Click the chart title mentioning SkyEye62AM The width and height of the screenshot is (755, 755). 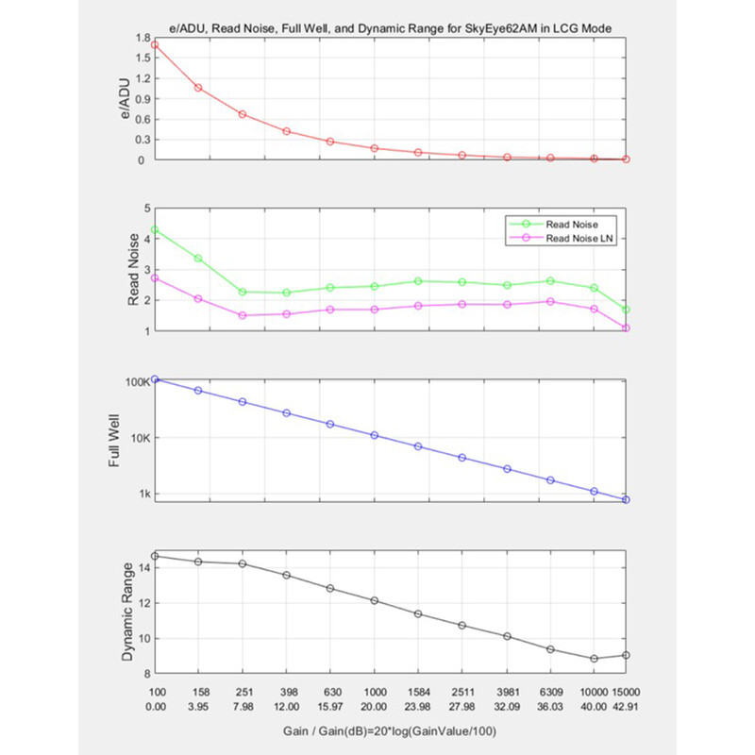pyautogui.click(x=390, y=28)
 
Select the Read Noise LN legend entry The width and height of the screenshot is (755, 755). pyautogui.click(x=561, y=238)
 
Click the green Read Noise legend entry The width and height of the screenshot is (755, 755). pyautogui.click(x=554, y=224)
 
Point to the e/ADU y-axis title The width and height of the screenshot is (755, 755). pyautogui.click(x=125, y=99)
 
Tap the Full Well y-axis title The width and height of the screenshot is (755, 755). pyautogui.click(x=113, y=440)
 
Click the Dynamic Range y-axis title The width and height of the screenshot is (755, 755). pyautogui.click(x=127, y=612)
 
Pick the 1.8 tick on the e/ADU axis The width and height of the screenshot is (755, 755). pyautogui.click(x=143, y=38)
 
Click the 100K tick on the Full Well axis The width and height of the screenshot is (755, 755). pyautogui.click(x=138, y=382)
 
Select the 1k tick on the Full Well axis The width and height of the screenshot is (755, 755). pyautogui.click(x=144, y=494)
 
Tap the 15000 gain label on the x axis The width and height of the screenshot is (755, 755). pyautogui.click(x=626, y=692)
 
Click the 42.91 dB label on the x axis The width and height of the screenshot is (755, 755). pyautogui.click(x=626, y=706)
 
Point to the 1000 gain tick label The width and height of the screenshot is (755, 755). pyautogui.click(x=375, y=692)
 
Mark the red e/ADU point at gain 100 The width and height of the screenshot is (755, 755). pyautogui.click(x=155, y=44)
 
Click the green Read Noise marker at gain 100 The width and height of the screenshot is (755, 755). pyautogui.click(x=155, y=229)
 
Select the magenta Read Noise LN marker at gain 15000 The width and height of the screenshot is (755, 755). pyautogui.click(x=626, y=327)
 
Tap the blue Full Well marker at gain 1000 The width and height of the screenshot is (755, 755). pyautogui.click(x=374, y=435)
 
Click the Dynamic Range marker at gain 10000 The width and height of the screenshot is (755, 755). pyautogui.click(x=595, y=658)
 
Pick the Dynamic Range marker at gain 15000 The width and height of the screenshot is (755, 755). pyautogui.click(x=626, y=655)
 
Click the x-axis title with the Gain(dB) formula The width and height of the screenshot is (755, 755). pyautogui.click(x=390, y=730)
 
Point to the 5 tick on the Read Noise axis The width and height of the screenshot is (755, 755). pyautogui.click(x=147, y=208)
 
